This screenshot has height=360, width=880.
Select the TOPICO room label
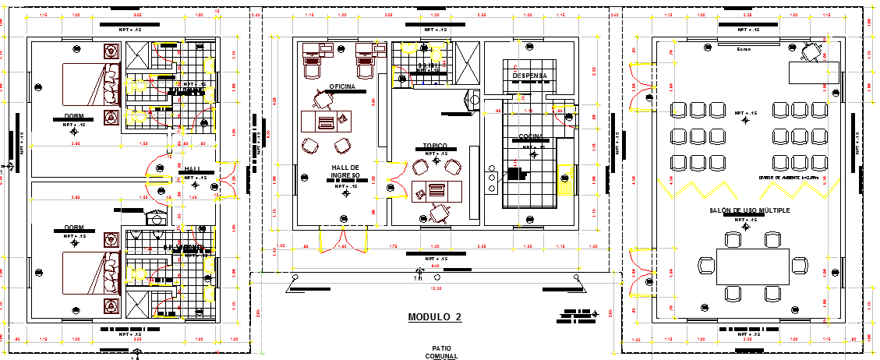tap(435, 146)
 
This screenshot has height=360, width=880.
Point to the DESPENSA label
tap(529, 76)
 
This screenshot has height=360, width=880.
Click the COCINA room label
tap(531, 138)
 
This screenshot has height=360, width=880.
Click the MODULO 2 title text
tap(435, 317)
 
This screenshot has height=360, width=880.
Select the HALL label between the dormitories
tap(192, 169)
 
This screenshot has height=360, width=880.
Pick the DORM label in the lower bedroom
tap(75, 228)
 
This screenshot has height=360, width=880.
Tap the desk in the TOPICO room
tap(436, 190)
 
